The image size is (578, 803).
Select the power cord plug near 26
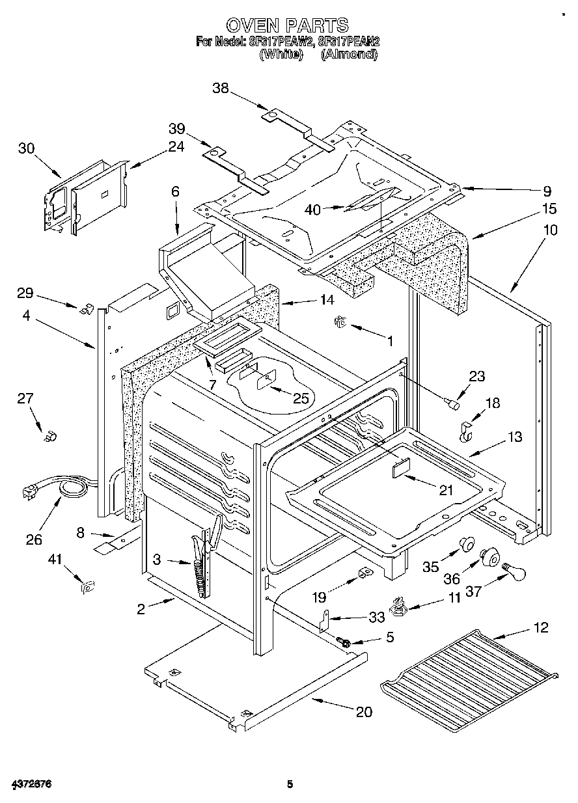pyautogui.click(x=31, y=493)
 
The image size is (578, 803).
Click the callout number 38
pyautogui.click(x=221, y=88)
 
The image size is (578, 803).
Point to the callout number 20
pyautogui.click(x=364, y=712)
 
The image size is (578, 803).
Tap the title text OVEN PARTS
pyautogui.click(x=286, y=25)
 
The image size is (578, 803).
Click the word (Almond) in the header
pyautogui.click(x=349, y=55)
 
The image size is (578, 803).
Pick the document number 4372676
pyautogui.click(x=31, y=785)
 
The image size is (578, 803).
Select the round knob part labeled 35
pyautogui.click(x=466, y=544)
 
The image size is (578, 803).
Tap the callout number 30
pyautogui.click(x=26, y=148)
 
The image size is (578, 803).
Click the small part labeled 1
pyautogui.click(x=340, y=321)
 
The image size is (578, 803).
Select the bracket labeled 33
pyautogui.click(x=325, y=620)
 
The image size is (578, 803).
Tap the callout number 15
pyautogui.click(x=549, y=209)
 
